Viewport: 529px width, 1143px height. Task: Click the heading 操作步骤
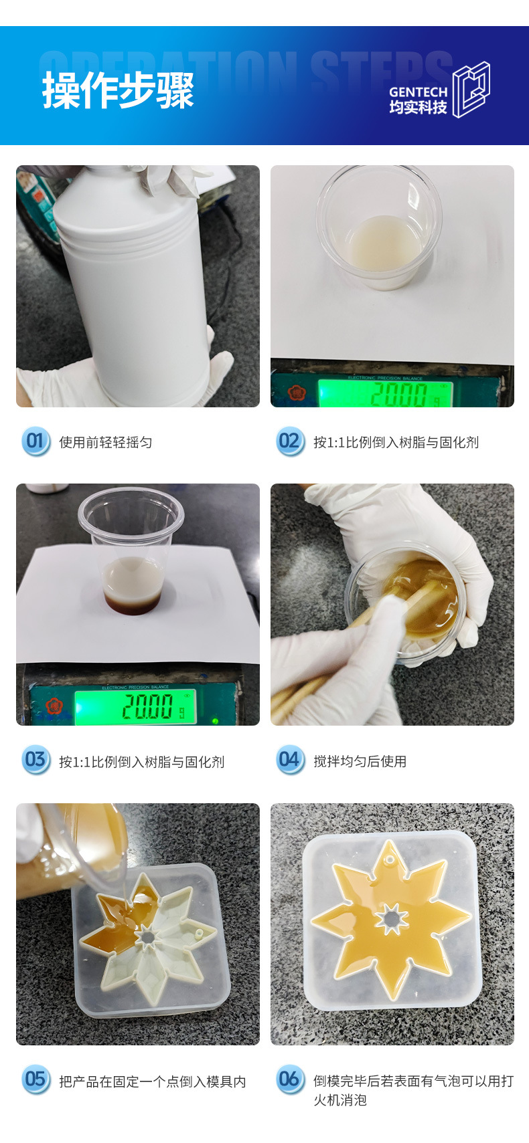(118, 90)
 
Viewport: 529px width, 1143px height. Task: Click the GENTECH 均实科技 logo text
(418, 100)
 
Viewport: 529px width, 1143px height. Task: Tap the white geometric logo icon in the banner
(471, 90)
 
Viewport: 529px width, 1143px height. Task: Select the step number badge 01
(35, 441)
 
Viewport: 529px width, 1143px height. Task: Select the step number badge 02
(290, 441)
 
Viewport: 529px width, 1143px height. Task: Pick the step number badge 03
(35, 760)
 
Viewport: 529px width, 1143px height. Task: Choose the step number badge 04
(290, 760)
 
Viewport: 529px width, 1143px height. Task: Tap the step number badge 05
(35, 1079)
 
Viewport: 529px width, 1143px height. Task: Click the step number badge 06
(290, 1079)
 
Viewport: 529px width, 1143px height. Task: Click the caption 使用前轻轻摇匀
(106, 442)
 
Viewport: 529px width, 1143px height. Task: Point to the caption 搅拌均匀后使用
(360, 761)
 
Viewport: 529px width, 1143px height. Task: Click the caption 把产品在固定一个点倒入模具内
(153, 1081)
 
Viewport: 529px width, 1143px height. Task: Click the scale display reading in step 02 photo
(400, 393)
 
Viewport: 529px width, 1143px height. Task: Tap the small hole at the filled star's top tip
(389, 860)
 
